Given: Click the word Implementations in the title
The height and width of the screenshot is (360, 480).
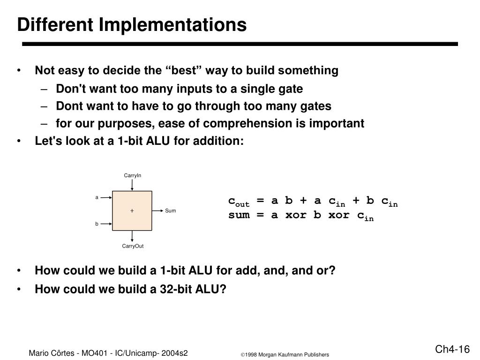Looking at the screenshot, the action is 172,25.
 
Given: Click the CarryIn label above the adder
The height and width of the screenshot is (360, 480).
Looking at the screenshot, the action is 133,175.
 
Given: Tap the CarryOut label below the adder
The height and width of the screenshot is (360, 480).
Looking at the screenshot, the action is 133,247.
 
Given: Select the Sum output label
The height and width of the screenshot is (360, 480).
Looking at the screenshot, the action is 171,211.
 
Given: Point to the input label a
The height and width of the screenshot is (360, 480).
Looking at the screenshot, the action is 97,197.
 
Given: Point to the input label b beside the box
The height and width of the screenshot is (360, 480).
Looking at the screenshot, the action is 97,224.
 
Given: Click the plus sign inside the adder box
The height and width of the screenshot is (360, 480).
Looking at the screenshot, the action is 132,211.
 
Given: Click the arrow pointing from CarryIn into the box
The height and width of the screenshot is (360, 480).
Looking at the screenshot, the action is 133,185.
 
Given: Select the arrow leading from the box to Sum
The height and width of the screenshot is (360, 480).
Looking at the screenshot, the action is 158,211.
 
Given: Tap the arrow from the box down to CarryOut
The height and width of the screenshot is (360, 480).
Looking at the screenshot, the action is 133,237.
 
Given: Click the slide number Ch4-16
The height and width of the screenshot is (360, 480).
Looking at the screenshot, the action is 452,350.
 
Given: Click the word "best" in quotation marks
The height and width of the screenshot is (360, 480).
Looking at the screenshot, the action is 181,71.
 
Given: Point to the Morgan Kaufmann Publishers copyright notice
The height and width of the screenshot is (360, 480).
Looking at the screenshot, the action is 285,355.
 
